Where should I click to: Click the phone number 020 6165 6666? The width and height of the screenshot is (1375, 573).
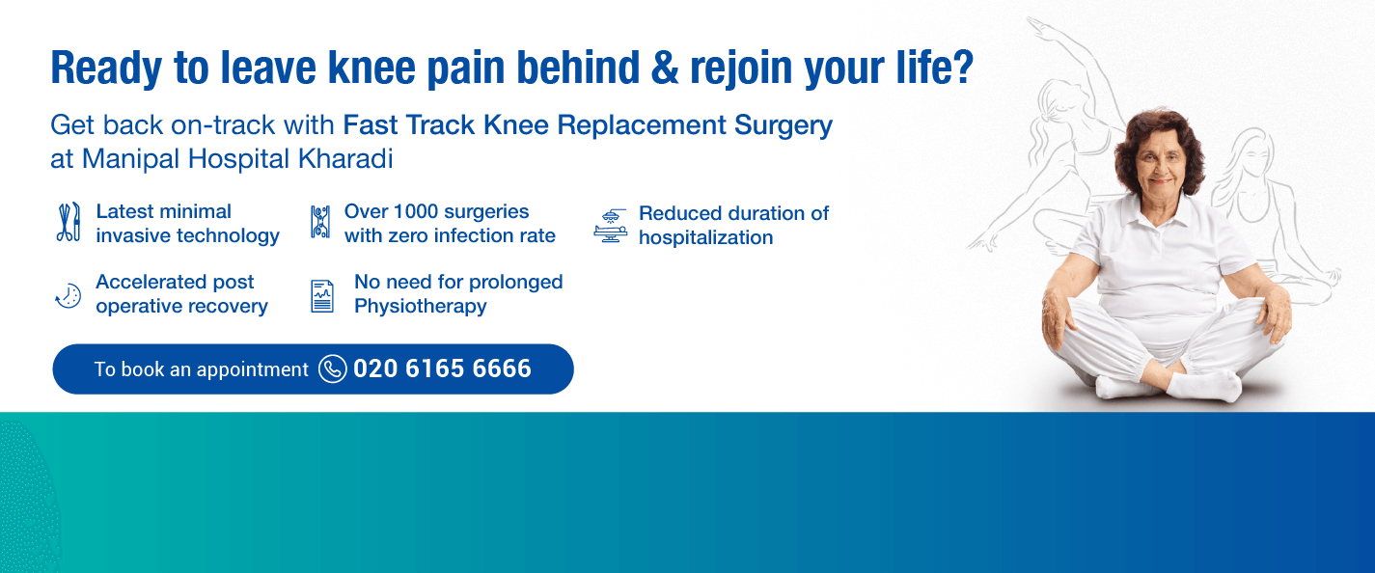442,368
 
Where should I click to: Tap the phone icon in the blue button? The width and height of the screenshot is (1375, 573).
333,368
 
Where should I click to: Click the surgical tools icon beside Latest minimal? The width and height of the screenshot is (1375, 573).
69,222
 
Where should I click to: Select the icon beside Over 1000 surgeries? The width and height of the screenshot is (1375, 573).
319,222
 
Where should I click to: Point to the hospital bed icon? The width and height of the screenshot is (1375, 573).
611,226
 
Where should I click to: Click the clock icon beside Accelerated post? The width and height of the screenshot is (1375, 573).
69,296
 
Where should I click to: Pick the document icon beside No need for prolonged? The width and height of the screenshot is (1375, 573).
322,296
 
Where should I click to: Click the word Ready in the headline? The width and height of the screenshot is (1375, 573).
106,68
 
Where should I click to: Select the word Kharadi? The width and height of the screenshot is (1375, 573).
345,159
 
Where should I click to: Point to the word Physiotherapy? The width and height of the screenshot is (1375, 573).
421,306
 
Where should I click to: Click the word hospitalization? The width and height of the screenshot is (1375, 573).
706,237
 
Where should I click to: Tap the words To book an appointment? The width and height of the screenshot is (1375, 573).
201,369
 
